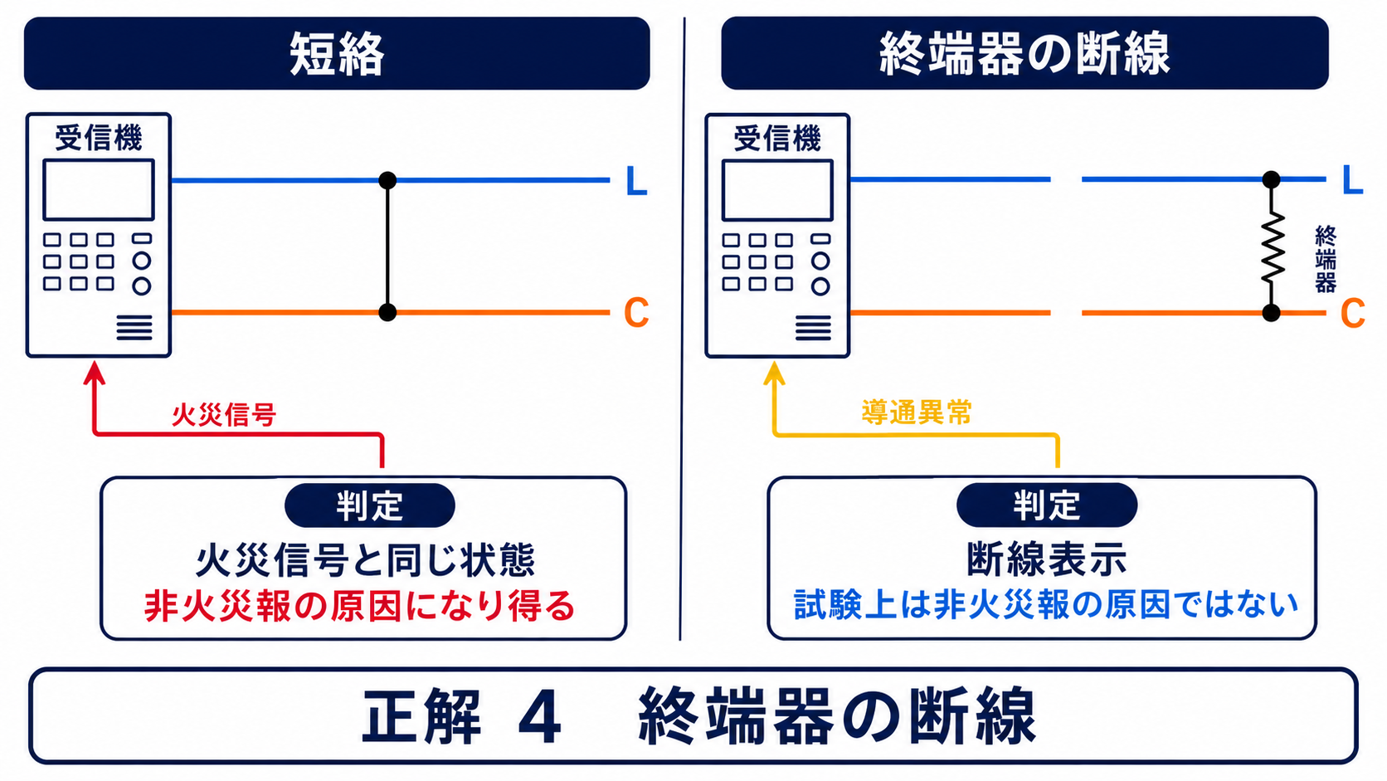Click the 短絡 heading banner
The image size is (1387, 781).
tap(337, 53)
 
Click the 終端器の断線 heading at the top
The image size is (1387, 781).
tap(1024, 53)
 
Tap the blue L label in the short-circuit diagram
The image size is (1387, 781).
tap(636, 182)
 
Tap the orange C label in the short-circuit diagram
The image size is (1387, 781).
tap(636, 312)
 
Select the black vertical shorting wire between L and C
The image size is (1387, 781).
tap(387, 247)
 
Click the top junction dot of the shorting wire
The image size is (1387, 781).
tap(387, 180)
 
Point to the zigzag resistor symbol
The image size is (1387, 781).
tap(1273, 247)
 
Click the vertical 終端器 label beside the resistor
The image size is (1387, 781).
tap(1326, 259)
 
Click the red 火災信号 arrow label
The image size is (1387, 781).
tap(223, 414)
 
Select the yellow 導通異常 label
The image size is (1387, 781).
tap(917, 412)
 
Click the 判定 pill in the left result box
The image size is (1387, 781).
tap(370, 505)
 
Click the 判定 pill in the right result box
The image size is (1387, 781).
tap(1046, 505)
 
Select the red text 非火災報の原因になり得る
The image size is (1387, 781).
tap(360, 606)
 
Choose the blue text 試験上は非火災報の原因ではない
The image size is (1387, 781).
tap(1046, 604)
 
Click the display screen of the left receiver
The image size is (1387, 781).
tap(99, 189)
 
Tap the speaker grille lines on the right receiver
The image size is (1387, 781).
tap(813, 328)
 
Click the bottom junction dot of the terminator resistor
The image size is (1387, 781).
tap(1271, 313)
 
